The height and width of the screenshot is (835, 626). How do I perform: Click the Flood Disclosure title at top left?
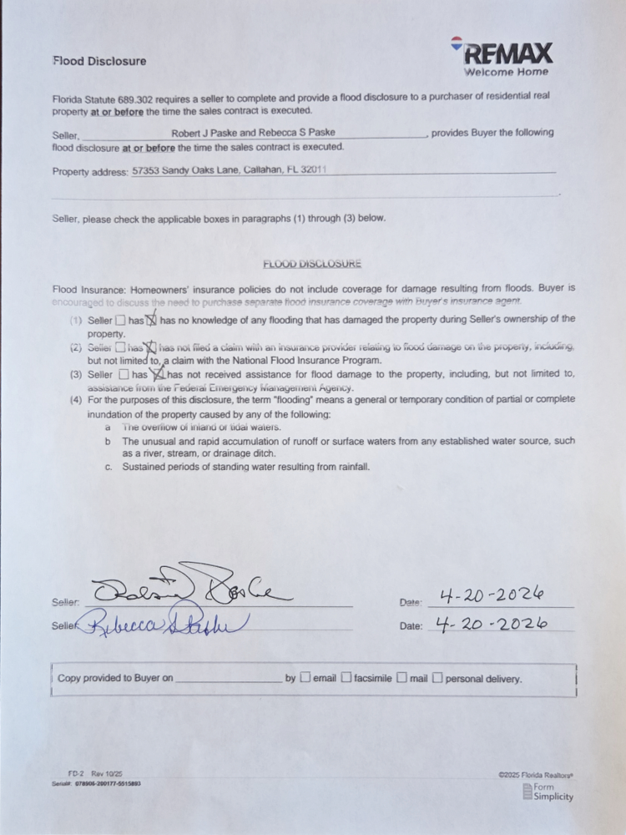pyautogui.click(x=99, y=61)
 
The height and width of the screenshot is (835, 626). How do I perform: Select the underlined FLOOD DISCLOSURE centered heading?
pyautogui.click(x=312, y=264)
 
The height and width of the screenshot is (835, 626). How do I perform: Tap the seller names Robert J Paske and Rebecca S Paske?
pyautogui.click(x=253, y=133)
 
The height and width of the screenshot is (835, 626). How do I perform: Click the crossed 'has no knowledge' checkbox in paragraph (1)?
pyautogui.click(x=152, y=320)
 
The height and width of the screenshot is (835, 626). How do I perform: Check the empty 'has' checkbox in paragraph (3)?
pyautogui.click(x=124, y=375)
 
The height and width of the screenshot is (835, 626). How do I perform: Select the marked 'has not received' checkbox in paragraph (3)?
pyautogui.click(x=157, y=375)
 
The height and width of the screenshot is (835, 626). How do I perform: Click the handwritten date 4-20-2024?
pyautogui.click(x=492, y=595)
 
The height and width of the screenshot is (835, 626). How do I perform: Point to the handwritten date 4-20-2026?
pyautogui.click(x=493, y=624)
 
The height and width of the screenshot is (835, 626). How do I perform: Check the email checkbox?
pyautogui.click(x=305, y=678)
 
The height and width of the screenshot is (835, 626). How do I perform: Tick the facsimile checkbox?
pyautogui.click(x=346, y=678)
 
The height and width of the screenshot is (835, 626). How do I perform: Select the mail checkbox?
pyautogui.click(x=401, y=678)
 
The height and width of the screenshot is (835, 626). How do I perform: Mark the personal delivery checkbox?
pyautogui.click(x=437, y=678)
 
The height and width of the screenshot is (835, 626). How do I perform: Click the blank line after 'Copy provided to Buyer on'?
pyautogui.click(x=229, y=678)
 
